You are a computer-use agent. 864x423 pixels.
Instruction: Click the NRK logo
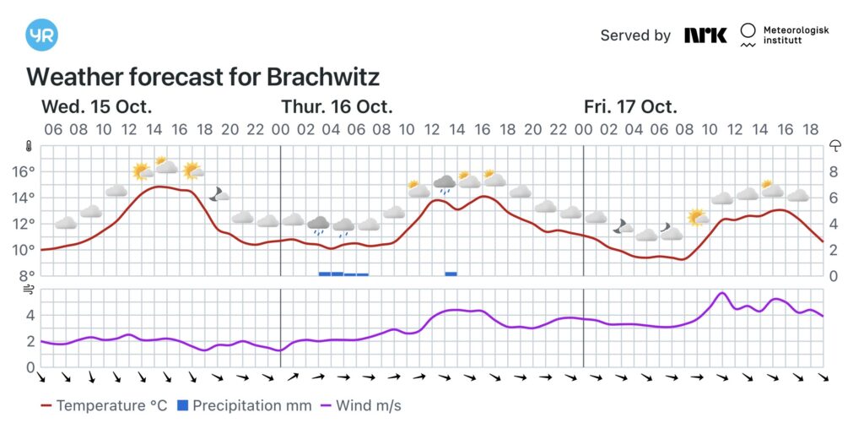tap(705, 35)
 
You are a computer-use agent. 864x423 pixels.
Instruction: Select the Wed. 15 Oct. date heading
tap(97, 107)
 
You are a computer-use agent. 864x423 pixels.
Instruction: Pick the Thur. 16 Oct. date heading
tap(337, 107)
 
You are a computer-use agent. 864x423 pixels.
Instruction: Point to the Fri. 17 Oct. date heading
tap(630, 107)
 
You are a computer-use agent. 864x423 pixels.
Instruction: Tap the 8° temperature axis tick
tap(26, 275)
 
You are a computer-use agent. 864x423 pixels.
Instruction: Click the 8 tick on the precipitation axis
tap(834, 171)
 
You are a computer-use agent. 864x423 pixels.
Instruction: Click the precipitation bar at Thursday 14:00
tap(451, 274)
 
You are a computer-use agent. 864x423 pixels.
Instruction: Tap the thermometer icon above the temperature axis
tap(28, 145)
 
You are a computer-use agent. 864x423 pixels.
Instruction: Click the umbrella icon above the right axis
tap(835, 145)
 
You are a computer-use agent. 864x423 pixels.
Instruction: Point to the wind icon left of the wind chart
tap(28, 290)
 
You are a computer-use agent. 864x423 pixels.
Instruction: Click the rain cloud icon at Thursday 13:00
tap(445, 183)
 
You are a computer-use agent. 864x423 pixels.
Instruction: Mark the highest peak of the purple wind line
tap(721, 293)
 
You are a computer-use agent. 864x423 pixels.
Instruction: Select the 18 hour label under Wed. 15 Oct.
tap(204, 129)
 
